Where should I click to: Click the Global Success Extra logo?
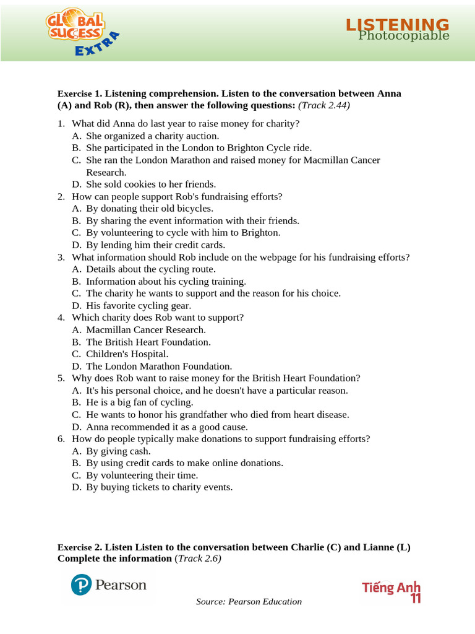click(x=81, y=35)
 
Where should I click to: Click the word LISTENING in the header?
click(x=397, y=24)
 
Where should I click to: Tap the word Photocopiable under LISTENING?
click(x=404, y=36)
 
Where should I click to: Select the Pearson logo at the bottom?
click(x=109, y=585)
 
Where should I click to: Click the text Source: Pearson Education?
click(x=249, y=602)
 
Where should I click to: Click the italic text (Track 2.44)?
click(x=324, y=105)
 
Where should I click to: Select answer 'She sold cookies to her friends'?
click(x=151, y=184)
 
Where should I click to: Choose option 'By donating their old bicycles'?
click(x=150, y=208)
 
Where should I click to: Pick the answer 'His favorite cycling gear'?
click(x=139, y=305)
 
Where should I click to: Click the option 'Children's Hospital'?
click(x=127, y=354)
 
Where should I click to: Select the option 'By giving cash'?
click(x=118, y=451)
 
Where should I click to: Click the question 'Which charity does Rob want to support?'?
click(x=158, y=317)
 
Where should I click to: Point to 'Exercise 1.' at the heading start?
click(x=80, y=93)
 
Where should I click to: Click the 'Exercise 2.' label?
click(x=80, y=547)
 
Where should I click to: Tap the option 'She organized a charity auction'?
click(x=153, y=136)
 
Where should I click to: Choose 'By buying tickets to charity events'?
click(x=160, y=487)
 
